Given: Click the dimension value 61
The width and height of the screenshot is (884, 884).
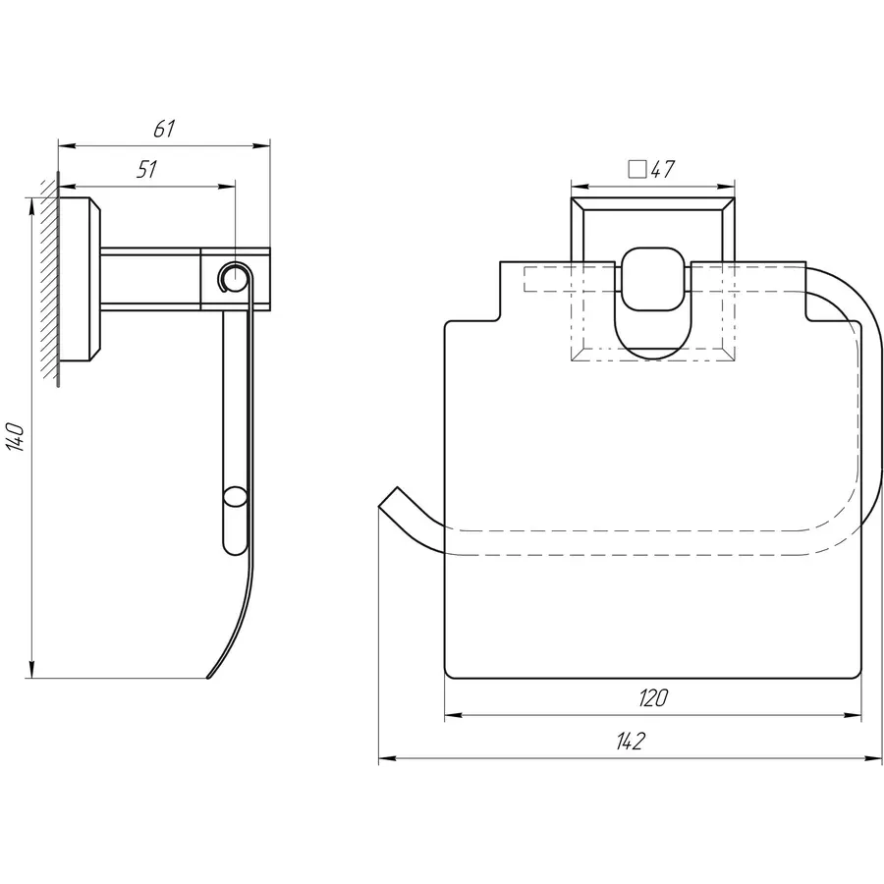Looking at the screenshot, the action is (164, 129).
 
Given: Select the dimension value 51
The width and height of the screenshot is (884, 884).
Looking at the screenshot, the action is (146, 169).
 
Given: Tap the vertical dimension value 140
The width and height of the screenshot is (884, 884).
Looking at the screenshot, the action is (15, 436).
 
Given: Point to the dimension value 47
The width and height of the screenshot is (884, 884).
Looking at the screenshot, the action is (662, 169).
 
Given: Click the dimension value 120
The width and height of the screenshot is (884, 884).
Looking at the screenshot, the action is (653, 698).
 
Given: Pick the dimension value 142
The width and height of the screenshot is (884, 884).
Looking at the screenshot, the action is (630, 742).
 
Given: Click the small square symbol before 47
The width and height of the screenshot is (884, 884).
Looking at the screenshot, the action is (637, 169).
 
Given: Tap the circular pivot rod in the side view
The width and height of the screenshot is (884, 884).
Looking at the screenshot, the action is (234, 277).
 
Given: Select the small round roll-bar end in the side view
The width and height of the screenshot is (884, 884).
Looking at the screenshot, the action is (235, 498).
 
